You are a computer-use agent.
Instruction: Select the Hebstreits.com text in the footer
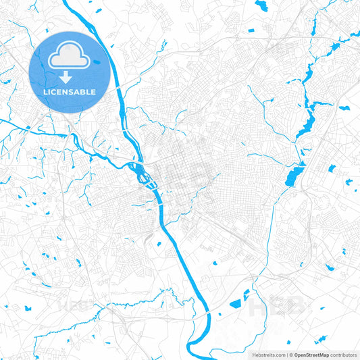tap(268, 355)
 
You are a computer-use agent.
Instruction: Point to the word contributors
tap(344, 355)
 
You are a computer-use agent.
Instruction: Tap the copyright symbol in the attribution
tap(290, 355)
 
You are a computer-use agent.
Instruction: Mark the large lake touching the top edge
tap(261, 5)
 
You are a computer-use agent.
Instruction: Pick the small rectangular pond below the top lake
tap(251, 30)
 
